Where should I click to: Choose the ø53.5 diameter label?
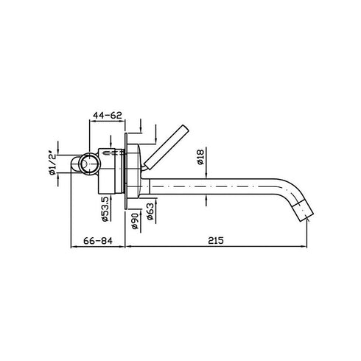click(x=106, y=208)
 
